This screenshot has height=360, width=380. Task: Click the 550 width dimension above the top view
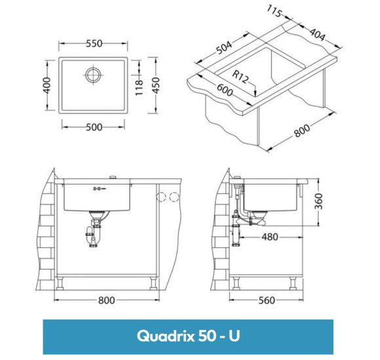tap(94, 44)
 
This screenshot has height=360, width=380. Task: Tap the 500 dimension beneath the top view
tap(94, 127)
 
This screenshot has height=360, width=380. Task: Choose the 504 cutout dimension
tap(224, 50)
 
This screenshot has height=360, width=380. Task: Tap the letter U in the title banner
tap(234, 336)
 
